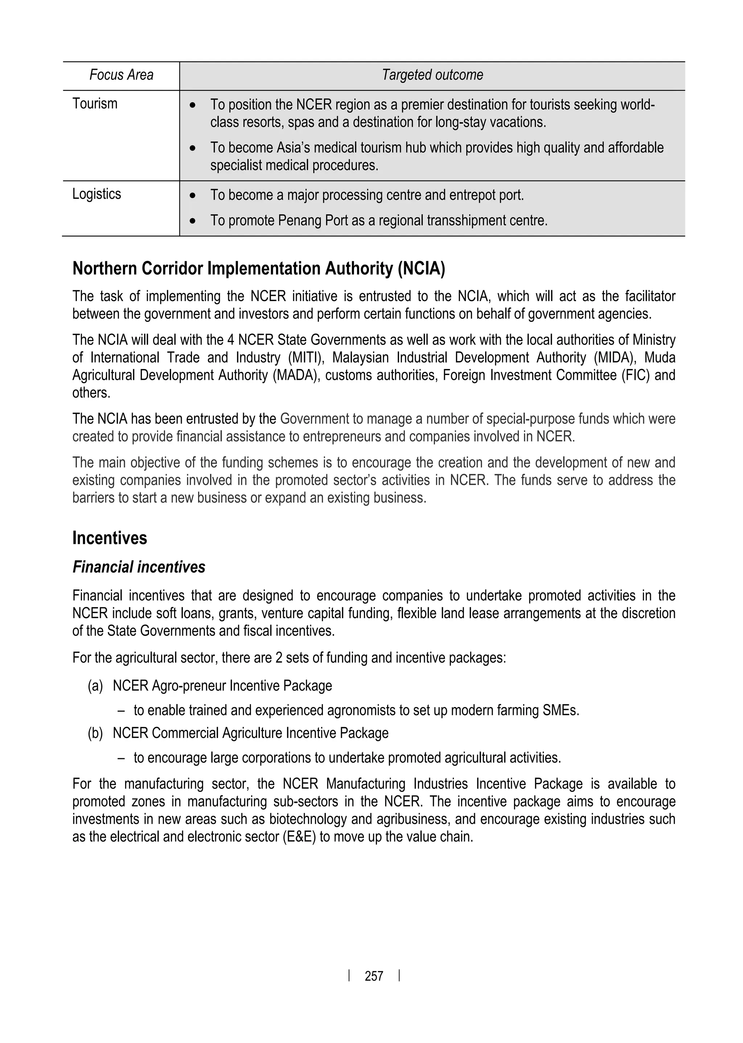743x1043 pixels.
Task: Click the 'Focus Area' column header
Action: tap(121, 75)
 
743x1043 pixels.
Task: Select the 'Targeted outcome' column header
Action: tap(432, 75)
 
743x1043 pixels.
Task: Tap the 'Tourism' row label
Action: tap(95, 104)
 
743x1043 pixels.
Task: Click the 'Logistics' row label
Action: tap(97, 194)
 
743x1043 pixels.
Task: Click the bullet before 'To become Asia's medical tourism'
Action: tap(193, 149)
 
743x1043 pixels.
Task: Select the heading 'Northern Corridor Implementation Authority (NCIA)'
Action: tap(259, 268)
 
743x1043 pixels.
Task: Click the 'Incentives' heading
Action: tap(110, 538)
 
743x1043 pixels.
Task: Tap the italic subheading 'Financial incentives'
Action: tap(139, 567)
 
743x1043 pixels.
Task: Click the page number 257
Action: tap(374, 976)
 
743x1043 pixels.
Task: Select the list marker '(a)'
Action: tap(95, 686)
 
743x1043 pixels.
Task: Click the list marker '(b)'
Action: tap(95, 733)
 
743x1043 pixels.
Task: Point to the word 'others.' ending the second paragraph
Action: tap(91, 393)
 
